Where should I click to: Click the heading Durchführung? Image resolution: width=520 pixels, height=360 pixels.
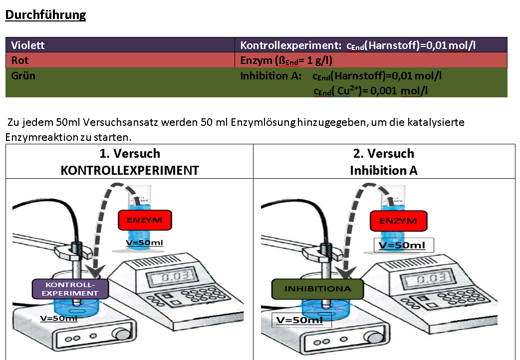[45, 15]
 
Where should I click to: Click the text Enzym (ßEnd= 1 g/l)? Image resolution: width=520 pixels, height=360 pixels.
[286, 61]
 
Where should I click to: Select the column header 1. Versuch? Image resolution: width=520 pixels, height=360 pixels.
[130, 153]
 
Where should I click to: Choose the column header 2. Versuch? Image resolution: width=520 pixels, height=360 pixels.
[384, 153]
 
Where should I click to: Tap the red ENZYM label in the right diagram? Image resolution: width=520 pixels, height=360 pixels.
[398, 220]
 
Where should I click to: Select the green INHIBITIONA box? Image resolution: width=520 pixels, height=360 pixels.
[317, 289]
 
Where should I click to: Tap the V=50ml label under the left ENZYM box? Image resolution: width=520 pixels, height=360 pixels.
[145, 243]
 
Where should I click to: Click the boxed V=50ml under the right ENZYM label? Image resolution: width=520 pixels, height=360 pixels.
[404, 245]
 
